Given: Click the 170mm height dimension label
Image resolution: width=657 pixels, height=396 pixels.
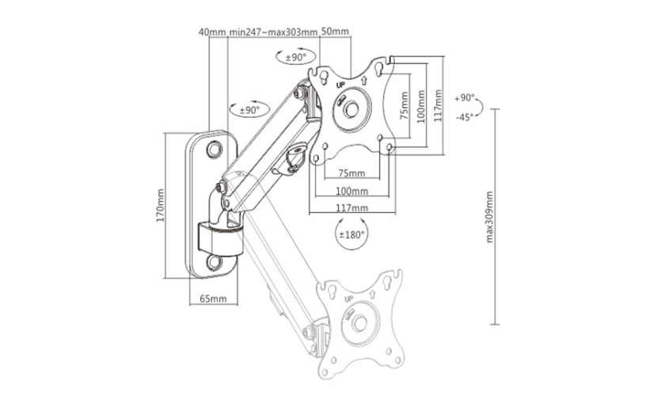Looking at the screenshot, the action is coord(161,205).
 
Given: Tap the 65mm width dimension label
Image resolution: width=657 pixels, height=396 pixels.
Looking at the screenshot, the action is coord(213,299).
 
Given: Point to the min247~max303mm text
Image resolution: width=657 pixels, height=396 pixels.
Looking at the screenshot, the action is coord(273,32).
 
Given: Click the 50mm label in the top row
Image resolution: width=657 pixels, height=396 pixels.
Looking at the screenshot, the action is coord(335,32).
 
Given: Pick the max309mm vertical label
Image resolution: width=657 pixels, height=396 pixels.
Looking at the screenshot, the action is coord(489,217).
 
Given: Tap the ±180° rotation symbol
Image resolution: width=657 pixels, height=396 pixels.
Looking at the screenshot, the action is coord(352,234).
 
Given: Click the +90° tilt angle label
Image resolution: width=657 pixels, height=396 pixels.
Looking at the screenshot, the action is coord(465,98).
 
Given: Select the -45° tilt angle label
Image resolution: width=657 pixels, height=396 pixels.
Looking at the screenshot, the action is coord(465,117).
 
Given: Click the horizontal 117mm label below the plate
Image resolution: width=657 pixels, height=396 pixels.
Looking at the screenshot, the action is coord(352,208).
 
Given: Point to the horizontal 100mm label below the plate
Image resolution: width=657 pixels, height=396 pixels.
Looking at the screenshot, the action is coord(352,191).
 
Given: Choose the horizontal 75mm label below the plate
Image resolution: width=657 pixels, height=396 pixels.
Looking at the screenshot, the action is coord(351,173).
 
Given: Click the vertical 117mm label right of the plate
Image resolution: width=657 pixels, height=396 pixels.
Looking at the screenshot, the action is coord(438,105).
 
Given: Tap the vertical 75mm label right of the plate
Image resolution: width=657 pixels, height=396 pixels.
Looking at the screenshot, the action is coord(404,106).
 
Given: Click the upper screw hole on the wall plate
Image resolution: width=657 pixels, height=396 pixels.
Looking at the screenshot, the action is coord(214,149).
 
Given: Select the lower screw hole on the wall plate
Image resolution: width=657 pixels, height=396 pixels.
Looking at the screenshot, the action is coord(214,262).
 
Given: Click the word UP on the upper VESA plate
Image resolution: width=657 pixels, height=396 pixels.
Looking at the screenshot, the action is coord(340,85).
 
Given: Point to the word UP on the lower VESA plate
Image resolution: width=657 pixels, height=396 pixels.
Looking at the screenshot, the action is coord(348,299).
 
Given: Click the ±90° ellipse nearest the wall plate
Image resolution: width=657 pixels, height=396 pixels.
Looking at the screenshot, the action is coord(249,110).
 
